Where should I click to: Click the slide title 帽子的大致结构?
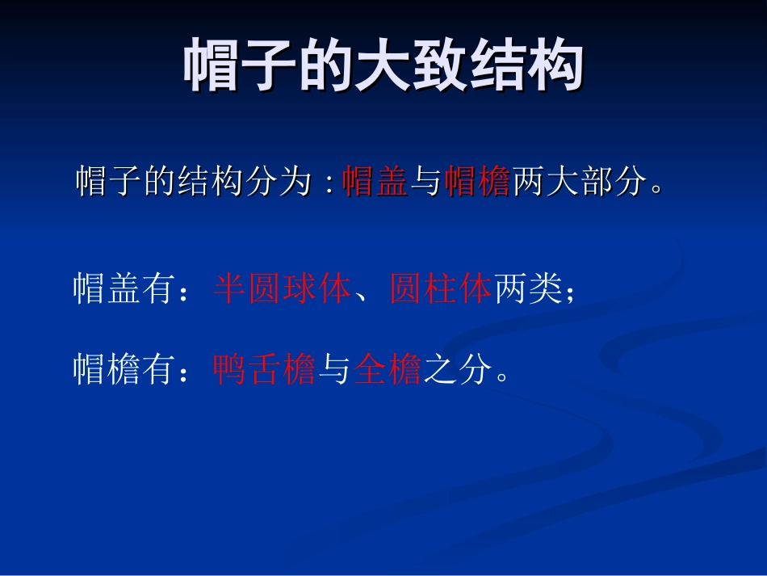tap(383, 66)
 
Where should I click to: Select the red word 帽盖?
tap(375, 183)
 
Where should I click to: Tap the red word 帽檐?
tap(476, 183)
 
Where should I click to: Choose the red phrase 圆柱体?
tap(441, 289)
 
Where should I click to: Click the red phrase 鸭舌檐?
tap(265, 371)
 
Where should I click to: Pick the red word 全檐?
tap(388, 371)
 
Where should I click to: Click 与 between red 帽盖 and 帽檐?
tap(425, 183)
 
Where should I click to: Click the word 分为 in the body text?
tap(279, 183)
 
